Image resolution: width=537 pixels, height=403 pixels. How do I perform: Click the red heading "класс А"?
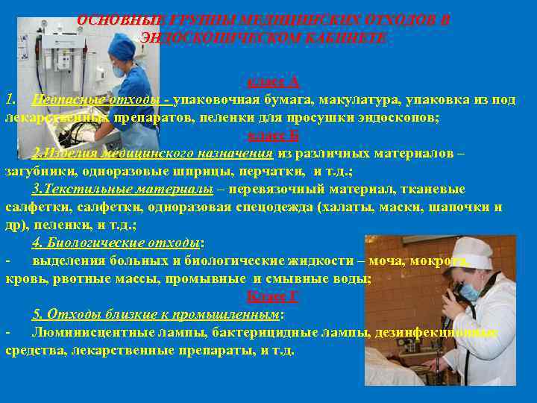tap(272, 81)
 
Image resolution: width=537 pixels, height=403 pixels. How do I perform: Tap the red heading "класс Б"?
tap(272, 135)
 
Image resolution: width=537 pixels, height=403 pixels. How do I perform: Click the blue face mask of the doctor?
tap(470, 292)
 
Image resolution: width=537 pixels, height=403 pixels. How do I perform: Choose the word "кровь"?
tap(24, 278)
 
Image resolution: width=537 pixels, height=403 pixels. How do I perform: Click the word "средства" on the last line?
tap(33, 350)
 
